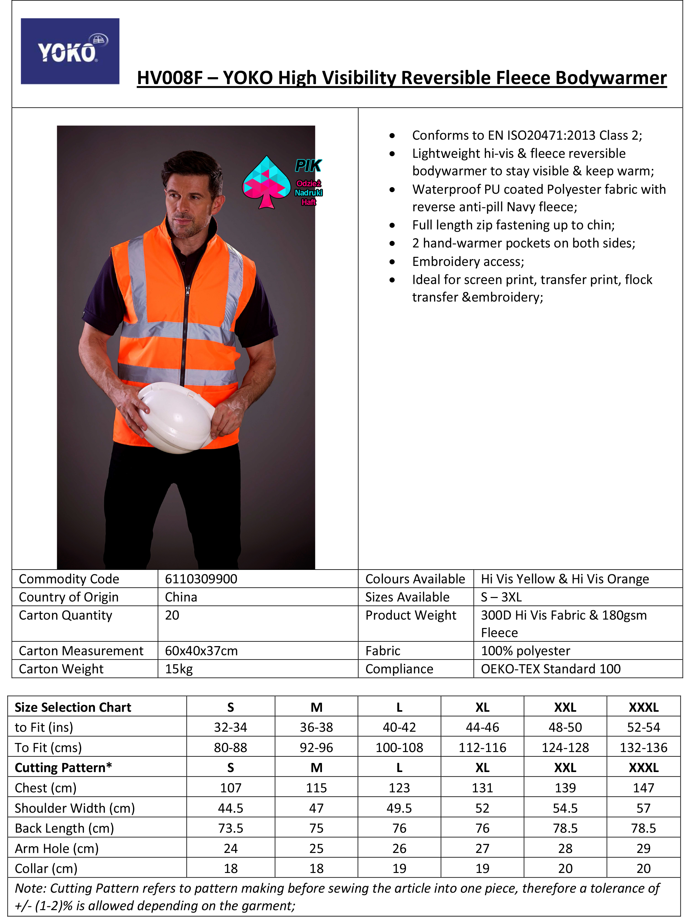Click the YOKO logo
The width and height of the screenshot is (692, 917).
(70, 52)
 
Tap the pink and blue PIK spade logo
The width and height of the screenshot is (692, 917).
(266, 182)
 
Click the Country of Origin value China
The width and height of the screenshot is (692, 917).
(181, 597)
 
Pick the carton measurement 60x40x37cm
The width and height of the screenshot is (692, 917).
(201, 651)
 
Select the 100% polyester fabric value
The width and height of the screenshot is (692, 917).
(526, 651)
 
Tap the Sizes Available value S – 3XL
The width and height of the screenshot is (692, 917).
(502, 597)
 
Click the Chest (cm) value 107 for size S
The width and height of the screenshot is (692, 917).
(231, 788)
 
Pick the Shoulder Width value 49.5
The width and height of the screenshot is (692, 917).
(399, 808)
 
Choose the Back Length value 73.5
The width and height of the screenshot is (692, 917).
(231, 828)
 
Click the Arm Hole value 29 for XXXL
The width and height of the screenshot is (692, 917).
(644, 848)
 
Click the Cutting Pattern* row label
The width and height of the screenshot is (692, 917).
(63, 767)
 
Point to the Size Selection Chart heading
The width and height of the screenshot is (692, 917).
(73, 707)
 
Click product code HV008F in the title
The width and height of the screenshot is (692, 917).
(170, 78)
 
